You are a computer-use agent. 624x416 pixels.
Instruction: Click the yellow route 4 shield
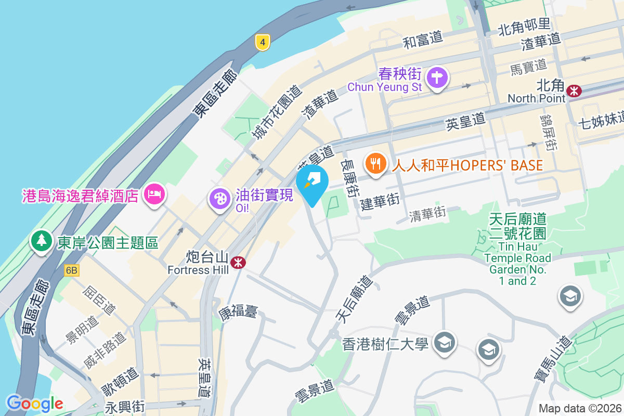263,42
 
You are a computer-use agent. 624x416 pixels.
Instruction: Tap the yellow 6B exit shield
72,270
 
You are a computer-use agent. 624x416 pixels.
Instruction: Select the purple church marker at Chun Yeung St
437,79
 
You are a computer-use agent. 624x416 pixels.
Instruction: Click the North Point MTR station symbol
575,90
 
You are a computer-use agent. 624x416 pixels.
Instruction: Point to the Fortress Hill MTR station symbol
239,263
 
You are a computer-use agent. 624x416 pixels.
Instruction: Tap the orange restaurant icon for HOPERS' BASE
375,164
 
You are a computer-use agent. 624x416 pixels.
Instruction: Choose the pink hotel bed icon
154,195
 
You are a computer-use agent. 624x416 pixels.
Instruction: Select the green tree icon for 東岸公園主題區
41,241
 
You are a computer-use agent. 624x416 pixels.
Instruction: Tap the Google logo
34,404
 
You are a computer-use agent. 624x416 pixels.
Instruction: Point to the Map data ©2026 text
580,408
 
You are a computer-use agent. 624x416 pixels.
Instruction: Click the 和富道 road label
423,40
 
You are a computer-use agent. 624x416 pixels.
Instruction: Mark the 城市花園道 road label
277,113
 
